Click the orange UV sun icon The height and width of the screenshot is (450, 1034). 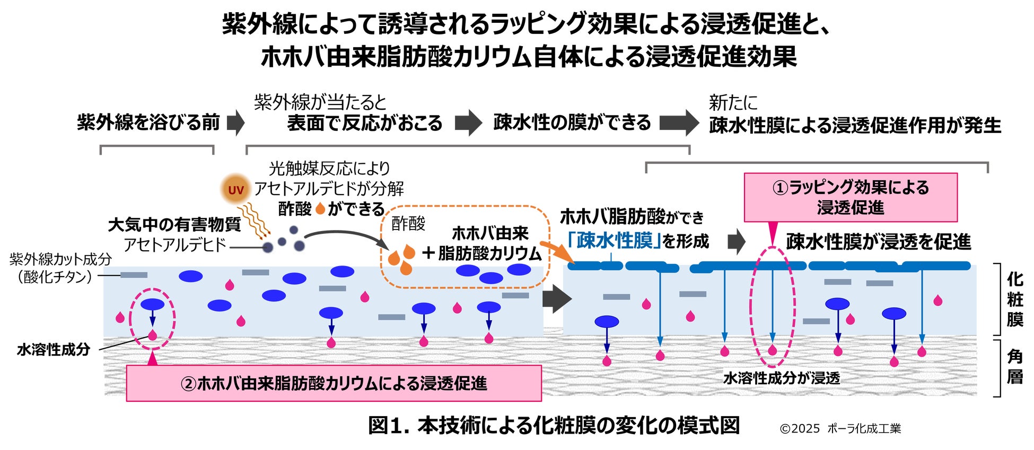pyautogui.click(x=235, y=190)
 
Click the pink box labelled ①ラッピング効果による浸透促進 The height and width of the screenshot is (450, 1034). pyautogui.click(x=850, y=197)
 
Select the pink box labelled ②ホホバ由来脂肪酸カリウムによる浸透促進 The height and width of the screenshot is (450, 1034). pyautogui.click(x=334, y=383)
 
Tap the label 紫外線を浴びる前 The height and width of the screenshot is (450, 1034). pyautogui.click(x=148, y=122)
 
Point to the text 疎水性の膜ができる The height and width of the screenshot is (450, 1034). pyautogui.click(x=572, y=122)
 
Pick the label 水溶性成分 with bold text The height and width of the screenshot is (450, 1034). pyautogui.click(x=54, y=350)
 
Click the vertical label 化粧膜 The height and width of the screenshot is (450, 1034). pyautogui.click(x=1014, y=299)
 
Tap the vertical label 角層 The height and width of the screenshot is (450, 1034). pyautogui.click(x=1014, y=367)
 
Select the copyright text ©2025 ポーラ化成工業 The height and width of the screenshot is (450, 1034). pyautogui.click(x=840, y=428)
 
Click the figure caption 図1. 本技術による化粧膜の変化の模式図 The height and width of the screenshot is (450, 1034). pyautogui.click(x=554, y=425)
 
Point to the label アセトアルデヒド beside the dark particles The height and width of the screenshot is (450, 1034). pyautogui.click(x=175, y=245)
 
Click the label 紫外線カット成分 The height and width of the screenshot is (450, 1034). pyautogui.click(x=61, y=259)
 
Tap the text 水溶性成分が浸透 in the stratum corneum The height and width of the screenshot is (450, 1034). pyautogui.click(x=782, y=378)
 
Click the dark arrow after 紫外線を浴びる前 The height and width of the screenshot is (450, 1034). pyautogui.click(x=235, y=123)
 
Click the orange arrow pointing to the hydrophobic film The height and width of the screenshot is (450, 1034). pyautogui.click(x=557, y=252)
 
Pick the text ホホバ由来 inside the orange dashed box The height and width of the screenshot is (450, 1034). pyautogui.click(x=490, y=233)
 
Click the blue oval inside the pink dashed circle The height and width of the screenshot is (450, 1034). pyautogui.click(x=152, y=304)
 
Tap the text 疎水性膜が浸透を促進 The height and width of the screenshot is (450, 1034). pyautogui.click(x=878, y=242)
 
